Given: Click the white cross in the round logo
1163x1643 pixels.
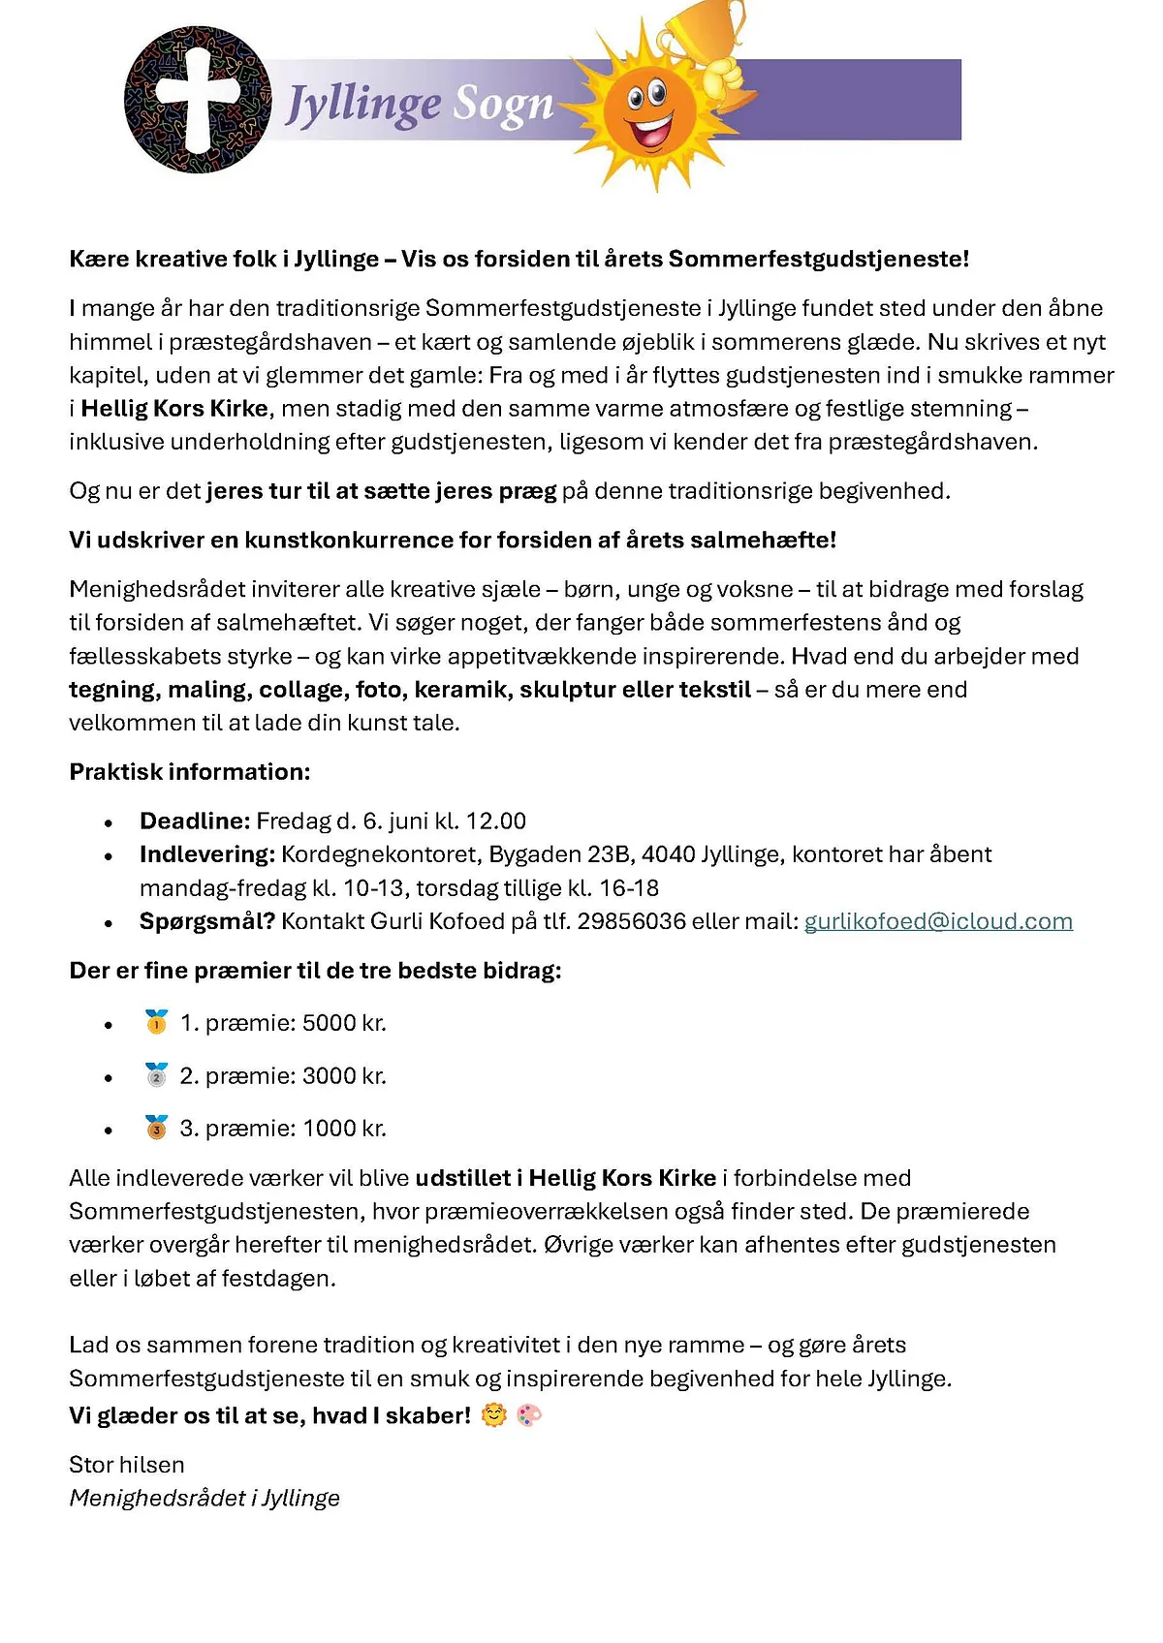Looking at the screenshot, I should pyautogui.click(x=198, y=97).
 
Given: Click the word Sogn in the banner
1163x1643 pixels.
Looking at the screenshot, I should pyautogui.click(x=504, y=105).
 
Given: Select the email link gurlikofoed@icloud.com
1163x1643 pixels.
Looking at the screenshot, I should pyautogui.click(x=938, y=921).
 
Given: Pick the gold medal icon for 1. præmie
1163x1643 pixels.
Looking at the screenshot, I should pyautogui.click(x=156, y=1022).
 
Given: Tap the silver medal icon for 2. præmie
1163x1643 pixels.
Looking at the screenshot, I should pyautogui.click(x=156, y=1075).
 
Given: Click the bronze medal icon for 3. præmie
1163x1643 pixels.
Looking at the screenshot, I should pyautogui.click(x=156, y=1128).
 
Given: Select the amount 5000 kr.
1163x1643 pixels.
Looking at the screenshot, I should pyautogui.click(x=344, y=1023).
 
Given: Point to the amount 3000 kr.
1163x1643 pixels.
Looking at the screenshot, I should pyautogui.click(x=344, y=1076).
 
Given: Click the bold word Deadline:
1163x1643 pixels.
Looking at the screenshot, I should pyautogui.click(x=195, y=821).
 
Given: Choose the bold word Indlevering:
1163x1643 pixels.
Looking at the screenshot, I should pyautogui.click(x=207, y=854).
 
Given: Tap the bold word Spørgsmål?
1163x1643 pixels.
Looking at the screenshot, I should pyautogui.click(x=207, y=921).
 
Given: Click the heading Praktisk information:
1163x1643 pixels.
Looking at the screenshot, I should pyautogui.click(x=190, y=772).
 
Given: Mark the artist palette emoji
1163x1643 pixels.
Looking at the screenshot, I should pyautogui.click(x=529, y=1415).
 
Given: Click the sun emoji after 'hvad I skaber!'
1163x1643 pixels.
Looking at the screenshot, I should pyautogui.click(x=494, y=1415).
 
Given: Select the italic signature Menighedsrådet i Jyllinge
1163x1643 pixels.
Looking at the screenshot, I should pyautogui.click(x=204, y=1498).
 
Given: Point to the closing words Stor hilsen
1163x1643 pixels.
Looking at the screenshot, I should pyautogui.click(x=127, y=1465).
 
